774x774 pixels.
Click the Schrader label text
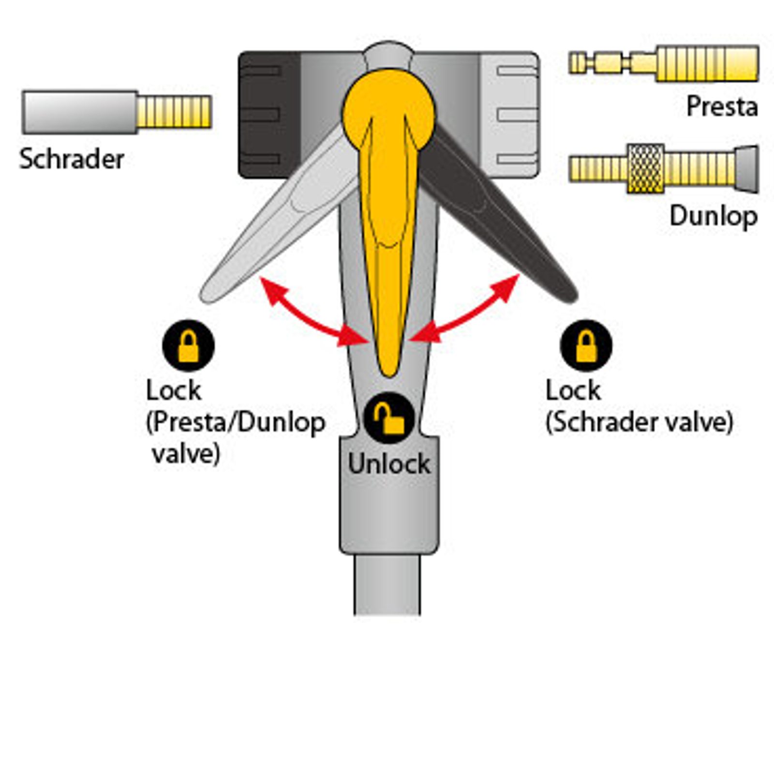pos(72,159)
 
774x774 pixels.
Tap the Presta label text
pos(722,106)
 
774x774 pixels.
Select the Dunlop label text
pos(714,216)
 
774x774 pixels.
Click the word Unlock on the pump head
pos(389,464)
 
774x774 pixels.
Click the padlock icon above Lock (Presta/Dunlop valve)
pos(188,345)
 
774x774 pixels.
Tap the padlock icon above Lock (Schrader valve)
pos(586,345)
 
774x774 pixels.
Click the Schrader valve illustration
pos(116,112)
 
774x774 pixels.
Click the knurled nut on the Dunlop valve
pos(645,169)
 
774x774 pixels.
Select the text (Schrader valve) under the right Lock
pos(639,422)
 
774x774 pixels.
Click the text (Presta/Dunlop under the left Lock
pos(236,422)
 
